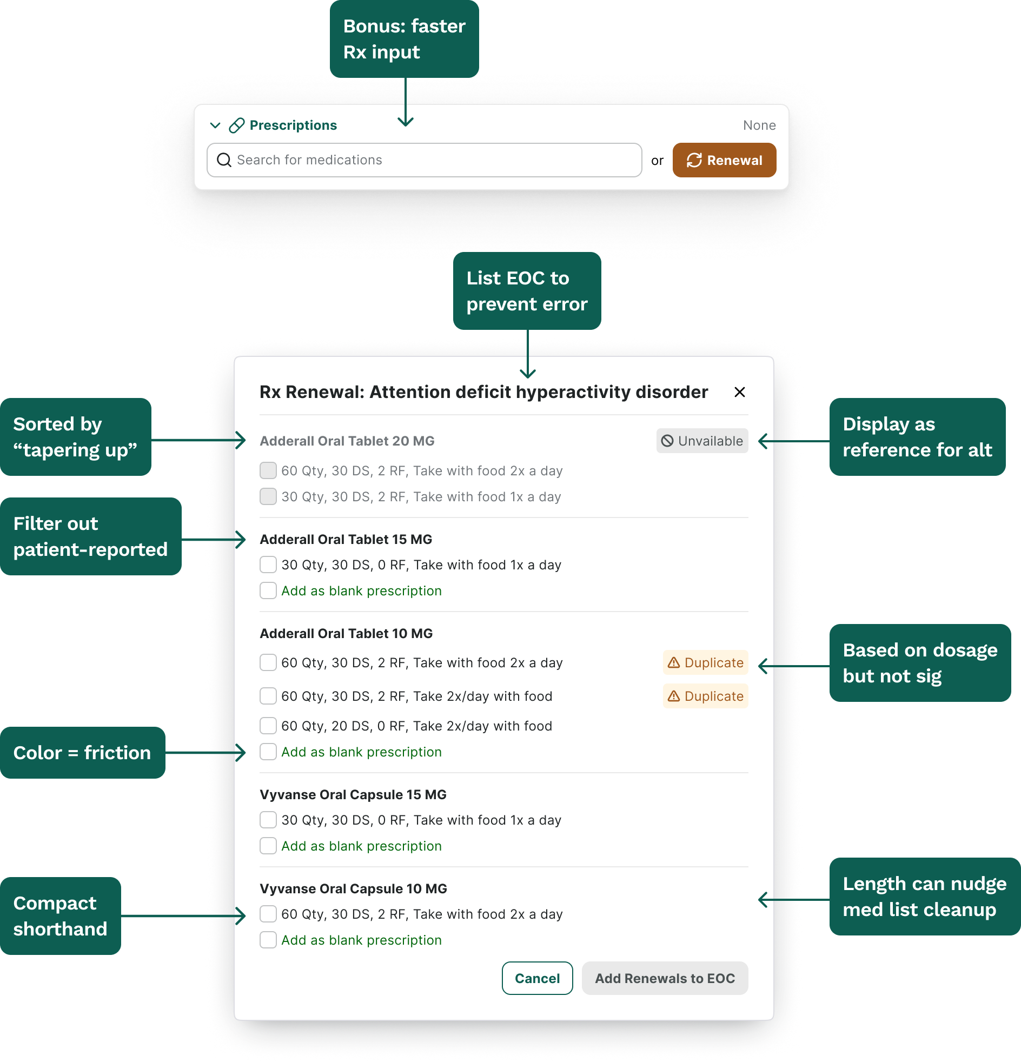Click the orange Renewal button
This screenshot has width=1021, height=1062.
click(x=724, y=160)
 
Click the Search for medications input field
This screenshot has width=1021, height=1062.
click(x=425, y=160)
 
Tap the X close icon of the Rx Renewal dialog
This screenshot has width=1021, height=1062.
click(x=739, y=391)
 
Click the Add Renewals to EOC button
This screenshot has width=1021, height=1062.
click(x=665, y=978)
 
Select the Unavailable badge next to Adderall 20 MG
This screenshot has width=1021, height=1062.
click(x=702, y=441)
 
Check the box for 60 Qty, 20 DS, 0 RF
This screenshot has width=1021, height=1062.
click(x=268, y=726)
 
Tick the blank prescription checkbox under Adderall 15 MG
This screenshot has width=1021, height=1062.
click(x=268, y=590)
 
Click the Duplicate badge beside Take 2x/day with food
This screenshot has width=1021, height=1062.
click(x=705, y=696)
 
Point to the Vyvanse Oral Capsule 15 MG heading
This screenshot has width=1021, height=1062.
click(x=353, y=794)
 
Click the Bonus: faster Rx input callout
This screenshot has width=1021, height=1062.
click(x=405, y=39)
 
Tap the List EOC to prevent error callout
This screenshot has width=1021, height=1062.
click(x=527, y=291)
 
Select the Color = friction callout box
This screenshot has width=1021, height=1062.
click(x=83, y=753)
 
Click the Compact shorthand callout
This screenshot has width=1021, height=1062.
click(x=61, y=915)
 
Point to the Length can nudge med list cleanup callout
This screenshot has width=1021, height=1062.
click(x=925, y=896)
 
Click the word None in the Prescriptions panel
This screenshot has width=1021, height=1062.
click(x=759, y=125)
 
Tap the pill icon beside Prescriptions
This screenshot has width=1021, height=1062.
click(x=237, y=125)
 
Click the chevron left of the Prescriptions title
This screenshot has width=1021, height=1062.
click(x=215, y=125)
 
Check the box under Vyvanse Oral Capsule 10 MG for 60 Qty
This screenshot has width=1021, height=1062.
click(x=268, y=914)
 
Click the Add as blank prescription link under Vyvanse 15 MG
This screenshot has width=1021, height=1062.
click(x=361, y=846)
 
